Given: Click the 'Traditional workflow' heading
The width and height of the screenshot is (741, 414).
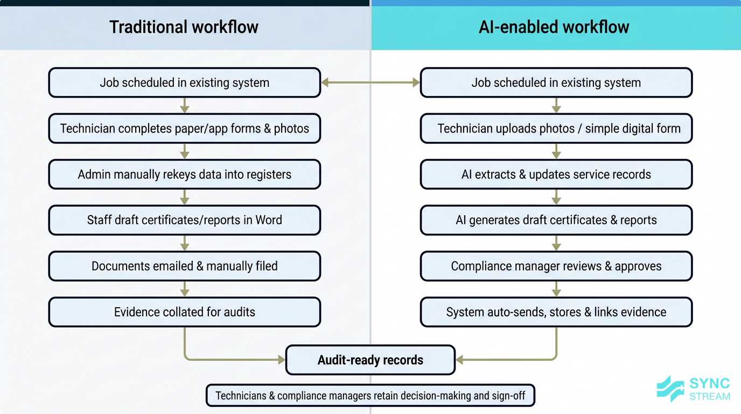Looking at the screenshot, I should coord(184,27).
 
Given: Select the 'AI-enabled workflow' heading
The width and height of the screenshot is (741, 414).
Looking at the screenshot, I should coord(554,27).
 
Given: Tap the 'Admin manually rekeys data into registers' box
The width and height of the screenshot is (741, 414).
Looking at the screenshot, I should coord(184,174).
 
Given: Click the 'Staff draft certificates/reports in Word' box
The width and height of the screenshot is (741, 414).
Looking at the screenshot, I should coord(184,220).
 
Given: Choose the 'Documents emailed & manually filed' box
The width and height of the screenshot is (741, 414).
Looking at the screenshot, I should coord(184,266).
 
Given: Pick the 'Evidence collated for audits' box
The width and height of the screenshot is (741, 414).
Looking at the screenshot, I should coord(184,312).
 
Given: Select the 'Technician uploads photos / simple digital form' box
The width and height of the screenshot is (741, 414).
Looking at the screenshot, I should coord(556,128).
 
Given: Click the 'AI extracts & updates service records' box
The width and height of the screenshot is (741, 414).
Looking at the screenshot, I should coord(556,174).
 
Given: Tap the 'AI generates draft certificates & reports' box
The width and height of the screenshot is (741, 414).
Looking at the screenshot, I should coord(556,220).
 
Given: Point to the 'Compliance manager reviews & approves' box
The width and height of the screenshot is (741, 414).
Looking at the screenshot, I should coord(556,266).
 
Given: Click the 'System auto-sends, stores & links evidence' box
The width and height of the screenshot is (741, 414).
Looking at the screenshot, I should coord(556,312).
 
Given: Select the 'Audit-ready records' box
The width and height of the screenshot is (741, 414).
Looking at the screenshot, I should coord(370,360).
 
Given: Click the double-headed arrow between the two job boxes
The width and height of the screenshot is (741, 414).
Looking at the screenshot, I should coord(370,82).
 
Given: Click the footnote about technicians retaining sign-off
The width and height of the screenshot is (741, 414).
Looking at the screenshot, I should coord(370,396).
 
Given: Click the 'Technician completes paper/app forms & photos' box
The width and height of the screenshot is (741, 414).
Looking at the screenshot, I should coord(184,128).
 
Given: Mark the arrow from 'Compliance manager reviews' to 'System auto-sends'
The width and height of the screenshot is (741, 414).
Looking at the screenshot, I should coord(556,289).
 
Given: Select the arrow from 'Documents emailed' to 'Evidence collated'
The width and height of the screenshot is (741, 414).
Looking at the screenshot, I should coord(185,289).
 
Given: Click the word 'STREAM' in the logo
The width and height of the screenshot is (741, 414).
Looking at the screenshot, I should coord(710,397).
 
